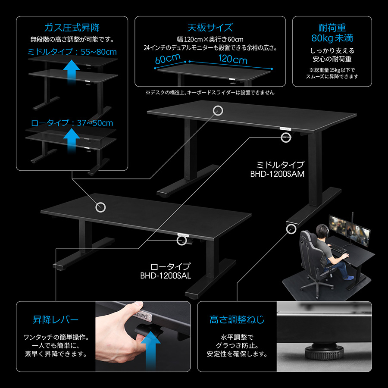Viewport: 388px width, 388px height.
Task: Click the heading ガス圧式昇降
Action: [72, 28]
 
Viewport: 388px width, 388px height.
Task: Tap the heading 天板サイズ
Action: [210, 28]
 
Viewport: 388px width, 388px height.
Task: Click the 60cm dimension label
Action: [167, 59]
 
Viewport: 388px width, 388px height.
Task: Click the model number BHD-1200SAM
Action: [277, 174]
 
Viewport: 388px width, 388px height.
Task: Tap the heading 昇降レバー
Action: [56, 320]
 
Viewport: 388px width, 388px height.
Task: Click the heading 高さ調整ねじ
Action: [237, 320]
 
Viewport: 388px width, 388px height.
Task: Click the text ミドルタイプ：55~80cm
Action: [72, 52]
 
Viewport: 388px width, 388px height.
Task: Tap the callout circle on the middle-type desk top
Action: [218, 110]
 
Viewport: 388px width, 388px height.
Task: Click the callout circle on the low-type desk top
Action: [100, 207]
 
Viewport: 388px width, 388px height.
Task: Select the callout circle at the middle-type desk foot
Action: [290, 228]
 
